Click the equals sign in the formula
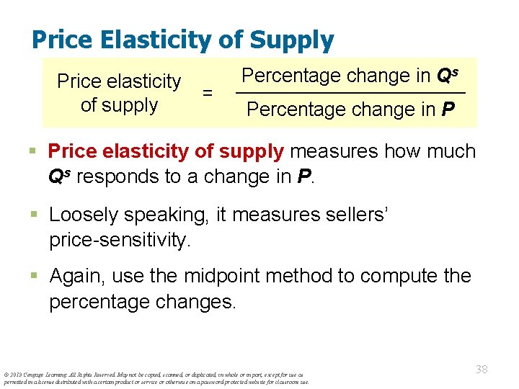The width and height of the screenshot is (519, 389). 208,93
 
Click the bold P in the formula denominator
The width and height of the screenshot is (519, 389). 448,109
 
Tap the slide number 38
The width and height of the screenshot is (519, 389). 482,370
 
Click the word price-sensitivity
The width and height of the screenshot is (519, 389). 120,240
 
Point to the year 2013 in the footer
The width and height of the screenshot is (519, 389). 16,375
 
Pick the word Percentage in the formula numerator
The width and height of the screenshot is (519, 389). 290,75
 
